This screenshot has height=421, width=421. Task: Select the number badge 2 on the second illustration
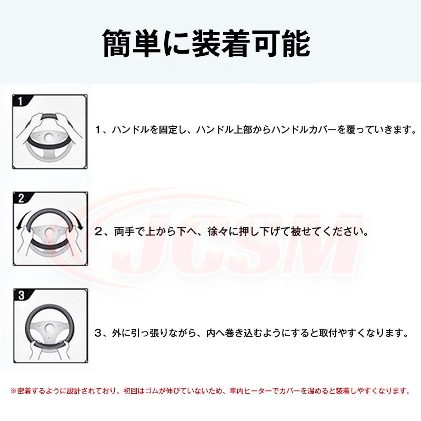tap(21, 198)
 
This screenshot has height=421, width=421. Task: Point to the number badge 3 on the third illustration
tap(21, 295)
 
